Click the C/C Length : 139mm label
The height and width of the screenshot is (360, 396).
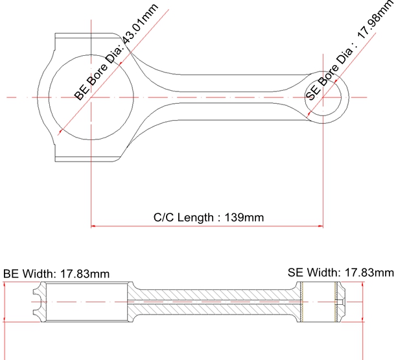[x=209, y=217]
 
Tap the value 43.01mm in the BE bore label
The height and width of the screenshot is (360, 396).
[x=140, y=23]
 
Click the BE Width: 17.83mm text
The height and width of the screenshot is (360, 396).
[x=56, y=274]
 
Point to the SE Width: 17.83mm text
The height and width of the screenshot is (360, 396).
[x=341, y=273]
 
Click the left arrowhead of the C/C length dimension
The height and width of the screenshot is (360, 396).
[x=93, y=226]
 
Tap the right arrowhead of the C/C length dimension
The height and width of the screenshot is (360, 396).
[x=321, y=226]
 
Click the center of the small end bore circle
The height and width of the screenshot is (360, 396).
[x=323, y=97]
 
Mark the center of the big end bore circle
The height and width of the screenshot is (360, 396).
[x=91, y=97]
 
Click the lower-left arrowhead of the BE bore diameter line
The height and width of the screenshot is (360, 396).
[x=61, y=132]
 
